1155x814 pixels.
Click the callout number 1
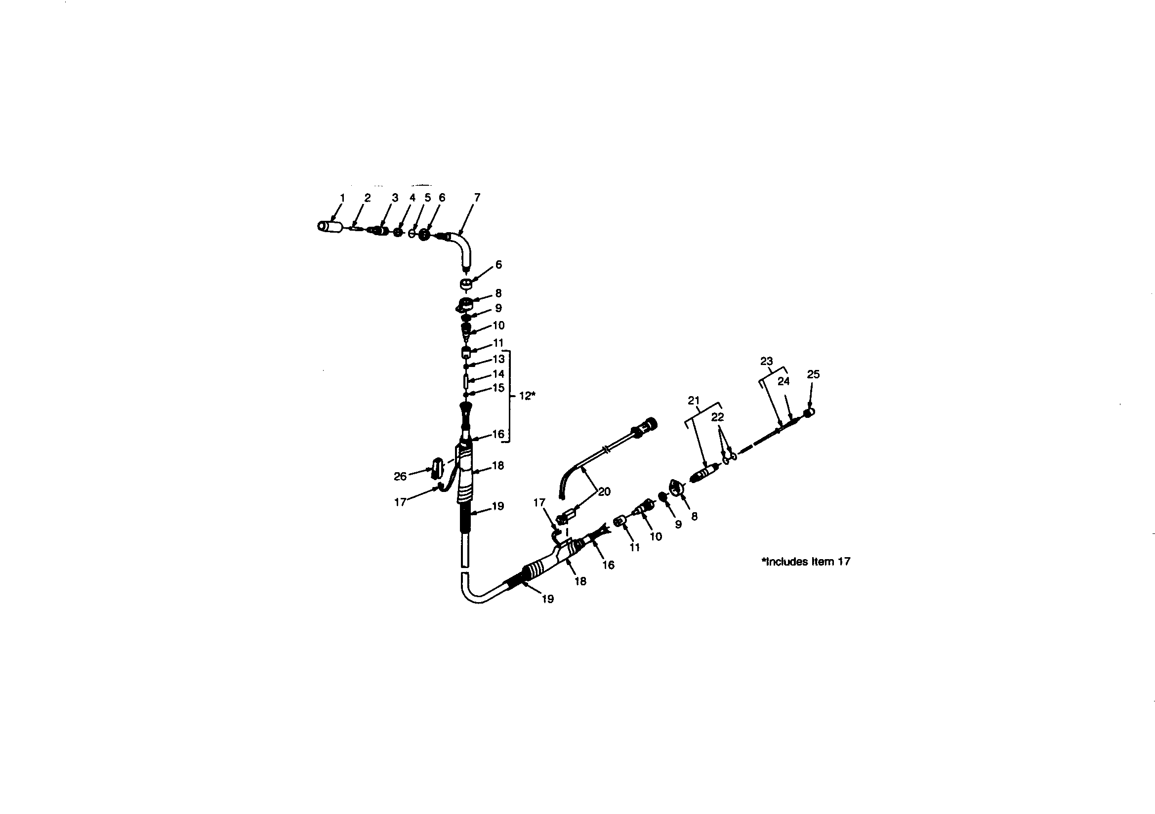(342, 198)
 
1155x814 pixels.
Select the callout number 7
(477, 198)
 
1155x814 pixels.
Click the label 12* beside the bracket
(527, 396)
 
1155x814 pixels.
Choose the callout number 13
(498, 359)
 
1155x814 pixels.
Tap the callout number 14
(498, 374)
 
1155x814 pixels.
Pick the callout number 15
(498, 388)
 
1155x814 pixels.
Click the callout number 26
(400, 477)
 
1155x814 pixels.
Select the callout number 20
(604, 491)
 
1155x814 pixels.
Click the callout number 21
(694, 401)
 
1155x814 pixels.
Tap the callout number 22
(717, 417)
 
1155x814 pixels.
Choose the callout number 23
(766, 361)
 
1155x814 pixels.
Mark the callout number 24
(783, 381)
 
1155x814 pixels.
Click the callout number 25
(813, 374)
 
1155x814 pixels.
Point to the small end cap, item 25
(809, 413)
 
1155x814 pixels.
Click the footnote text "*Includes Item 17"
(806, 562)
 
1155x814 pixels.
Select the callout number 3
(395, 198)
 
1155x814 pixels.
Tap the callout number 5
(428, 198)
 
